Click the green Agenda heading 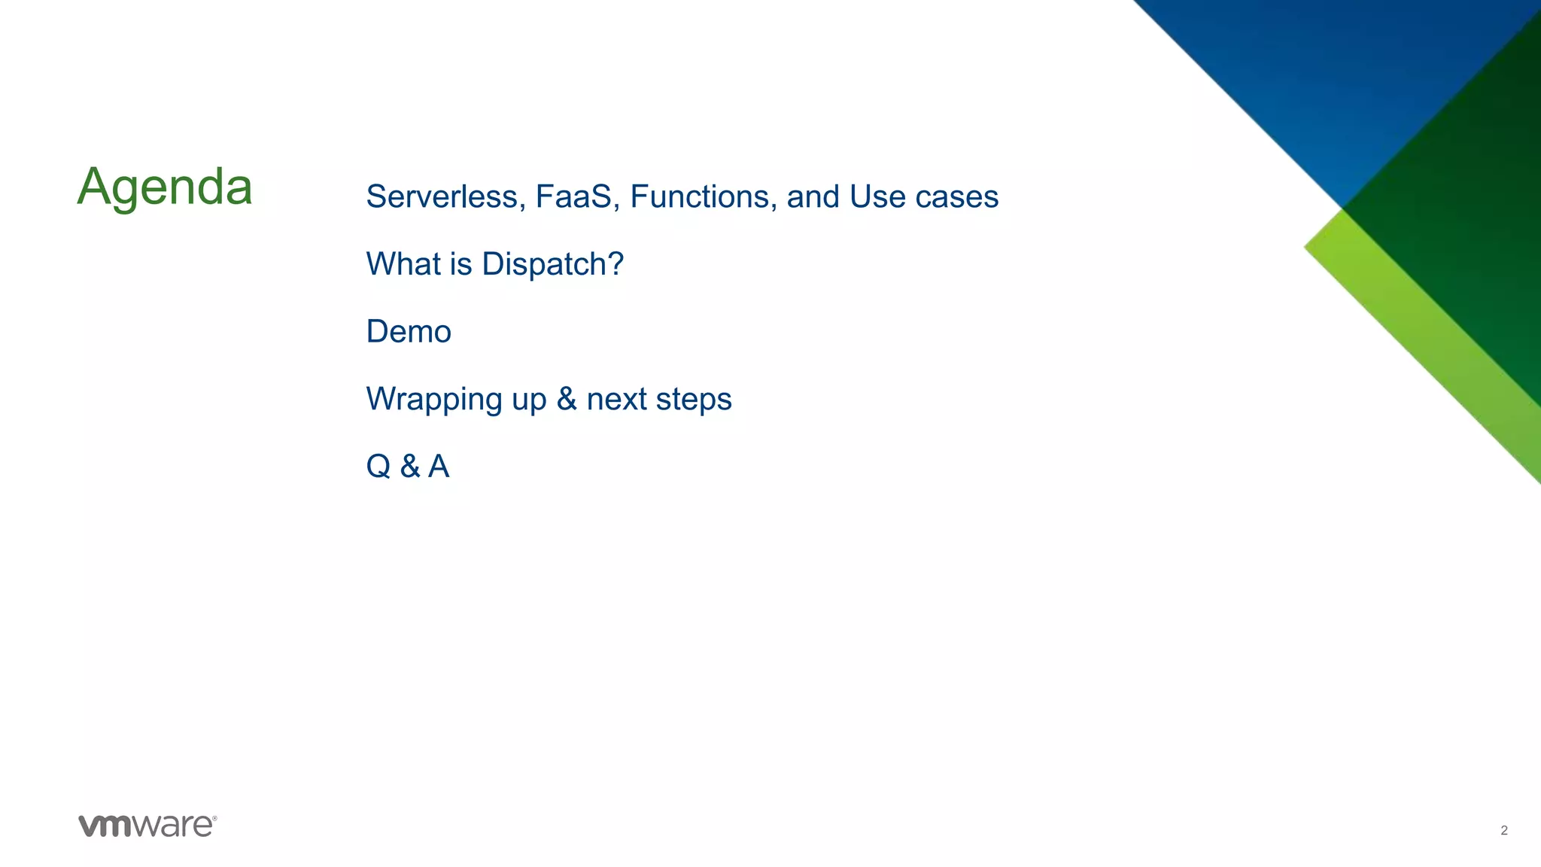pyautogui.click(x=164, y=187)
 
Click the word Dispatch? pyautogui.click(x=552, y=264)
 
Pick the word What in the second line pyautogui.click(x=400, y=264)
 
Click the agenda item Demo pyautogui.click(x=409, y=332)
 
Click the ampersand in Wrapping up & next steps pyautogui.click(x=567, y=399)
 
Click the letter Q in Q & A pyautogui.click(x=378, y=467)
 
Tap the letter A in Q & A pyautogui.click(x=439, y=467)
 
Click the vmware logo pyautogui.click(x=147, y=826)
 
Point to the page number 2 pyautogui.click(x=1503, y=830)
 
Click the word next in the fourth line pyautogui.click(x=616, y=400)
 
